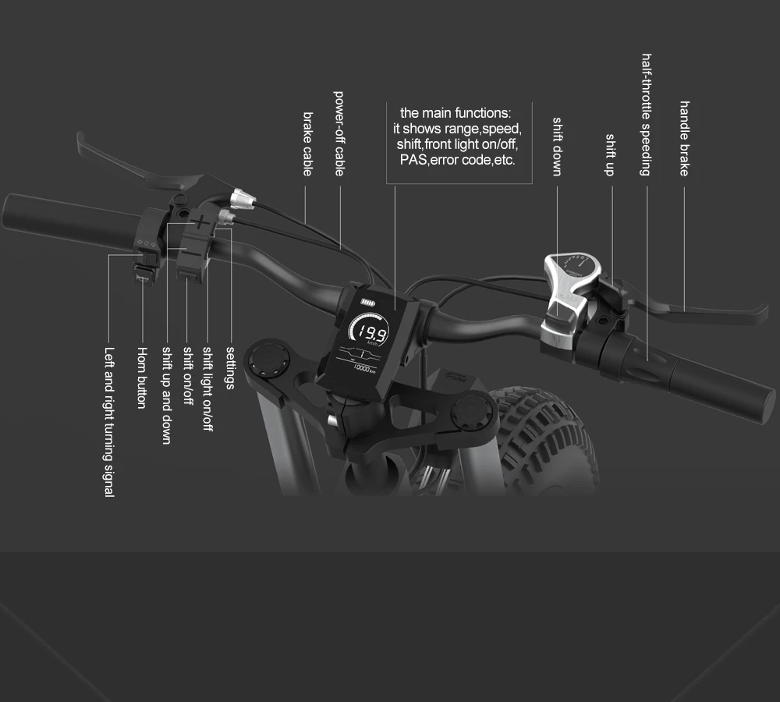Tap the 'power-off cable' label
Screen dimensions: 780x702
tap(339, 133)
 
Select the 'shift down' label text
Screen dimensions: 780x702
tap(557, 147)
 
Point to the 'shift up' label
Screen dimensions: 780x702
tap(610, 154)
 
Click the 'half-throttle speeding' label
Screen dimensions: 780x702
tap(646, 115)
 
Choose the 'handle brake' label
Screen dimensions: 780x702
tap(684, 138)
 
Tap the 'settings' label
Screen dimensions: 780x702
tap(229, 367)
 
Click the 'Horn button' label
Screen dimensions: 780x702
tap(142, 378)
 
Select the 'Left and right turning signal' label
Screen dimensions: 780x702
tap(109, 422)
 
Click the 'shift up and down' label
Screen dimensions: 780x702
tap(165, 395)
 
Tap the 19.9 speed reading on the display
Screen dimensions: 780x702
tap(367, 328)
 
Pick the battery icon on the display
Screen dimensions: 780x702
tap(367, 304)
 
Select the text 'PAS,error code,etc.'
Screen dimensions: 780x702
tap(457, 160)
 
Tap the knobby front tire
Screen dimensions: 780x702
tap(546, 437)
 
